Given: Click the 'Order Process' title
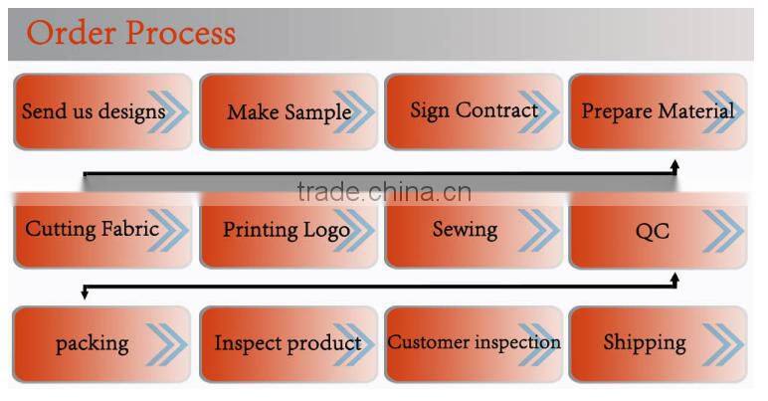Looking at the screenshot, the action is point(131,33).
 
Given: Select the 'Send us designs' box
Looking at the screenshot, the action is point(99,111).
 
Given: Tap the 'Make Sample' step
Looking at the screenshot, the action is point(288,111).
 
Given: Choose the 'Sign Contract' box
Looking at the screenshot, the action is point(474,111).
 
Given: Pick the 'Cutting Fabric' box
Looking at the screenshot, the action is point(99,230).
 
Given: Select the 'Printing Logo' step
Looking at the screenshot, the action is point(288,230).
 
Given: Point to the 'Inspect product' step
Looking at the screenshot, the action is point(288,343).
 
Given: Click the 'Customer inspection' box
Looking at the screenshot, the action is point(474,343).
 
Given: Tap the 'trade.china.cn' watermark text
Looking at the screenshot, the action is point(384,191).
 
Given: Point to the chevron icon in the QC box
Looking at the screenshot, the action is point(722,233).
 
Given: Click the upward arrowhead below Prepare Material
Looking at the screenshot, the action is point(674,164).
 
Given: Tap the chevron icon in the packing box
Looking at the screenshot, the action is point(164,344).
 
